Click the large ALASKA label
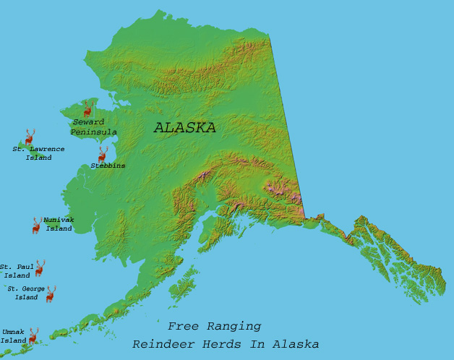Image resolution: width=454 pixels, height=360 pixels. [184, 128]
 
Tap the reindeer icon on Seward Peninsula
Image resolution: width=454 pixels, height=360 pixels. [87, 109]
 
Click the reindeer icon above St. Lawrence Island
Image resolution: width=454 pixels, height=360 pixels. [30, 137]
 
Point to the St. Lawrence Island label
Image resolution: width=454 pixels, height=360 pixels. [38, 153]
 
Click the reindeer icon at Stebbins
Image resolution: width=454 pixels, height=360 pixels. [103, 155]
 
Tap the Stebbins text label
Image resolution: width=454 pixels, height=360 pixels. [108, 166]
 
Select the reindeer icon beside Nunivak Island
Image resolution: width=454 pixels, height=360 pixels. [36, 226]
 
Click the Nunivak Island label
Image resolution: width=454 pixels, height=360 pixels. [59, 224]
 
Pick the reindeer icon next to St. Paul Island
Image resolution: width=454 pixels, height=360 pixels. [40, 268]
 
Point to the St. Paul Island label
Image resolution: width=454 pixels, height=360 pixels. [16, 271]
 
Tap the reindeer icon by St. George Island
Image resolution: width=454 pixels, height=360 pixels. [51, 293]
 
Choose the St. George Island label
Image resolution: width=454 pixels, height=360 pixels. [27, 293]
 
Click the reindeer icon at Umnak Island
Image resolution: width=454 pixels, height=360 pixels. [33, 335]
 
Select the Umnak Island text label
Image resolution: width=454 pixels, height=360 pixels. [13, 336]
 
